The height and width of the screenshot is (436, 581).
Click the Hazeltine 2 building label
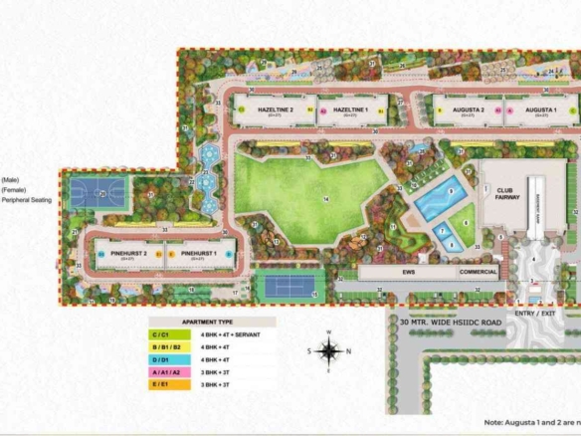275,109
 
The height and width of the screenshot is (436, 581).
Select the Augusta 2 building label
469,109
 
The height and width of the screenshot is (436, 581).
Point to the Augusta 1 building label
541,109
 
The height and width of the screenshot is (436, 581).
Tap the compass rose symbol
328,349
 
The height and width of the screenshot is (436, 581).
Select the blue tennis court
290,286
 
